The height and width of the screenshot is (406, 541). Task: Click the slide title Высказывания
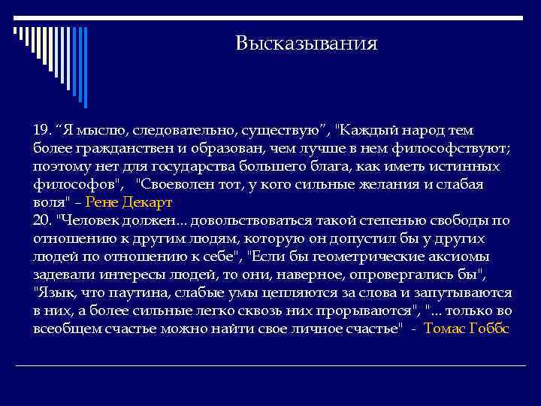(x=305, y=43)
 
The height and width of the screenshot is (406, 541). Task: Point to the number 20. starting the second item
(x=44, y=220)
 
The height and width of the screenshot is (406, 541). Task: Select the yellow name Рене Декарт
(x=129, y=202)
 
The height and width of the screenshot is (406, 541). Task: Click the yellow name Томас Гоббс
(x=467, y=329)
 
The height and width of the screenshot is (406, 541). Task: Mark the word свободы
(x=464, y=220)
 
